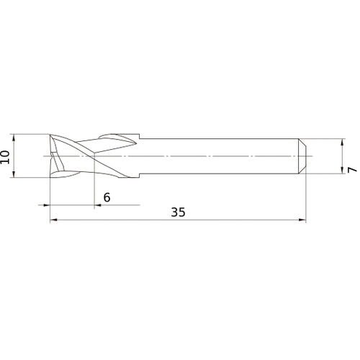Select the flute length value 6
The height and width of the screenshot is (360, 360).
click(107, 197)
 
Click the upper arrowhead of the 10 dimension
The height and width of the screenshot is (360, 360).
click(14, 137)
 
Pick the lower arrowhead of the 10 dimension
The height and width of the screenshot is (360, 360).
click(14, 175)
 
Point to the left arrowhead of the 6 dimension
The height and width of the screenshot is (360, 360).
click(52, 206)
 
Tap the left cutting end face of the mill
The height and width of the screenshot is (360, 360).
click(50, 156)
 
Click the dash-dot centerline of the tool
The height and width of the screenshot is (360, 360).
click(216, 156)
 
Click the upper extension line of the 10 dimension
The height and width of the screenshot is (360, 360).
click(29, 134)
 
